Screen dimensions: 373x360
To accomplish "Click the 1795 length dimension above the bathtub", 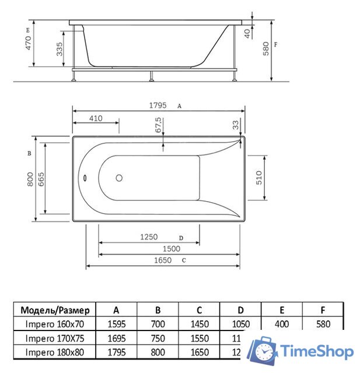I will pyautogui.click(x=158, y=106).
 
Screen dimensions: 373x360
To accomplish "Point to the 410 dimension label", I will pyautogui.click(x=96, y=118).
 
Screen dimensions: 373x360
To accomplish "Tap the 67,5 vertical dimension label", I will pyautogui.click(x=158, y=126).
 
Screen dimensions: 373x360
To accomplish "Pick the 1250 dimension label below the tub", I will pyautogui.click(x=149, y=237).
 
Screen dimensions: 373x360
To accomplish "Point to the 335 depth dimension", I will pyautogui.click(x=60, y=52).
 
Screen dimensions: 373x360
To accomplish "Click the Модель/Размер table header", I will pyautogui.click(x=55, y=309).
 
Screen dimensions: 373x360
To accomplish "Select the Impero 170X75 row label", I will pyautogui.click(x=55, y=338).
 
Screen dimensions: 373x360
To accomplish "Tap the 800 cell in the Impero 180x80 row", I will pyautogui.click(x=158, y=353).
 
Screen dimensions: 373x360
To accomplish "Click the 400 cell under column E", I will pyautogui.click(x=282, y=324).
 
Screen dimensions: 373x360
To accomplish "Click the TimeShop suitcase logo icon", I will pyautogui.click(x=262, y=351).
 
